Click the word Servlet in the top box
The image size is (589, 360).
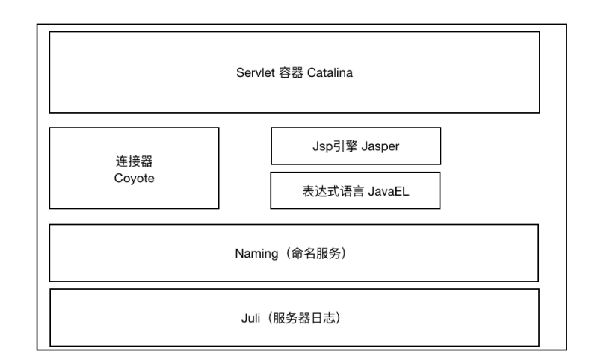click(256, 72)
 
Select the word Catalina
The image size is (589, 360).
click(330, 72)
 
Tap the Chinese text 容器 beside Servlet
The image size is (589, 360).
click(291, 72)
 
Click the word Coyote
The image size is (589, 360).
click(134, 179)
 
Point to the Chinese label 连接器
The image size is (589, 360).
click(134, 161)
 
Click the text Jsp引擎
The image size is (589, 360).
click(335, 146)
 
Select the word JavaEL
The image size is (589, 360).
click(389, 191)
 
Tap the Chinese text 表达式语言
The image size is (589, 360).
click(333, 191)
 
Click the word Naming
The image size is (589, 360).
click(256, 254)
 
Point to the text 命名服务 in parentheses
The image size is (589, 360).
click(316, 253)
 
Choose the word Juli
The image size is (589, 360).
click(250, 318)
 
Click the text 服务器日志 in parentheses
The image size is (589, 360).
click(304, 318)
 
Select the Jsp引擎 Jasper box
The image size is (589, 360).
click(356, 146)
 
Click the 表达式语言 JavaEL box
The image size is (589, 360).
click(355, 190)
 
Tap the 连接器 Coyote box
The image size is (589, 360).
click(134, 168)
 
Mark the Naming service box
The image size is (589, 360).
click(294, 253)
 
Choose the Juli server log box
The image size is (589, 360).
click(294, 317)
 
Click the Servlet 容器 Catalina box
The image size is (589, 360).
click(294, 72)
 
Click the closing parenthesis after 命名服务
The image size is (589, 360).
click(344, 253)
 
